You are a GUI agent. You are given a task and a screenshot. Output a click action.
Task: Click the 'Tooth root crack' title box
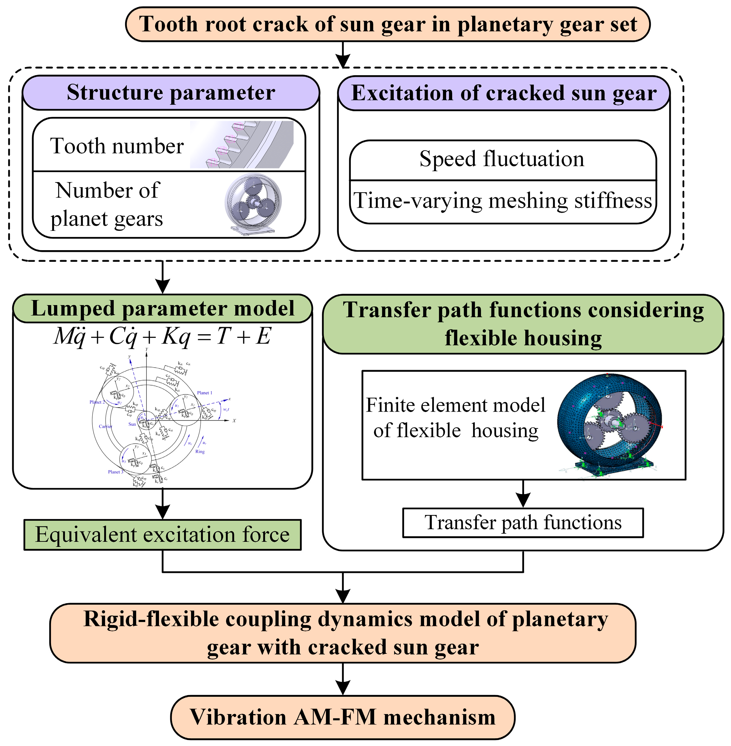pos(388,24)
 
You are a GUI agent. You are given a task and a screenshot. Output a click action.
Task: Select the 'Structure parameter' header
pos(171,92)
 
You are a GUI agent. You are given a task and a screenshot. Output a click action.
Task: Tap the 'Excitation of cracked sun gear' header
pos(504,93)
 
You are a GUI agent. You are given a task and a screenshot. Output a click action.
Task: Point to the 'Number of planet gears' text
pos(107,205)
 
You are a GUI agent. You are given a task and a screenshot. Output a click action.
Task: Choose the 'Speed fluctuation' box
pos(502,159)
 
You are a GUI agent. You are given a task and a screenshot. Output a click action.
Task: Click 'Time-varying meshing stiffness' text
pos(502,201)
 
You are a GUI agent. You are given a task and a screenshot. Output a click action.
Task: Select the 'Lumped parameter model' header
pos(163,309)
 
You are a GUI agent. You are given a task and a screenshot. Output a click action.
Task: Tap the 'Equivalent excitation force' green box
pos(163,535)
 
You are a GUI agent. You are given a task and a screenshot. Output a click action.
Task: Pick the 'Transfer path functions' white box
pos(523,523)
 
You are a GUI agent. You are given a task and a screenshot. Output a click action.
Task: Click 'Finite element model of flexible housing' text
pos(456,417)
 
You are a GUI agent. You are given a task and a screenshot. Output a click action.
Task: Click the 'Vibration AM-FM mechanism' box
pos(343,717)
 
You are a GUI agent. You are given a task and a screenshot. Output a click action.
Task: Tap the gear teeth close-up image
pos(242,145)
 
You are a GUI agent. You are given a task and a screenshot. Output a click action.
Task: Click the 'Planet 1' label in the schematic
pos(204,393)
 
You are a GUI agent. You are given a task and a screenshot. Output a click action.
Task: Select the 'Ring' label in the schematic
pos(200,451)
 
